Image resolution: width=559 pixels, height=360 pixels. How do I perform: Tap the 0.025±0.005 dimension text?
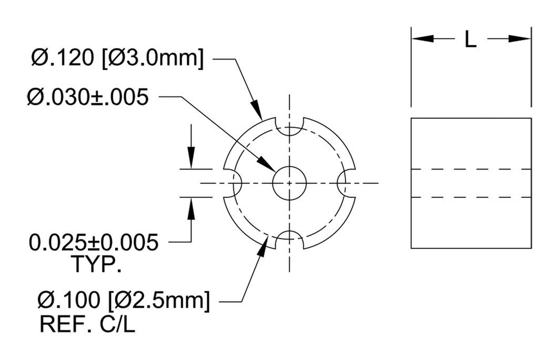94,242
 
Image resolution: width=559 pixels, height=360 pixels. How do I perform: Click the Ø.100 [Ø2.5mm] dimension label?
123,301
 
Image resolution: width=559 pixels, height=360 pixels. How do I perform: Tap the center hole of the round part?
289,183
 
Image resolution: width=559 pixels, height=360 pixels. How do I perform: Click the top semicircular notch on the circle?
289,128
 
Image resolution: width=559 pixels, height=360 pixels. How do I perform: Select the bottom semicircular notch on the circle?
289,238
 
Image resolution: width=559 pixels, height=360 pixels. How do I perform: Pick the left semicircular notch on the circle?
234,183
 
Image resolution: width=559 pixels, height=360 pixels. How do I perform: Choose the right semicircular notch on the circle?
346,183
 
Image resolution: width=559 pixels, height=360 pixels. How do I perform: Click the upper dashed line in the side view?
471,169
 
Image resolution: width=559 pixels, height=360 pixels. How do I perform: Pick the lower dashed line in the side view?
471,197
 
